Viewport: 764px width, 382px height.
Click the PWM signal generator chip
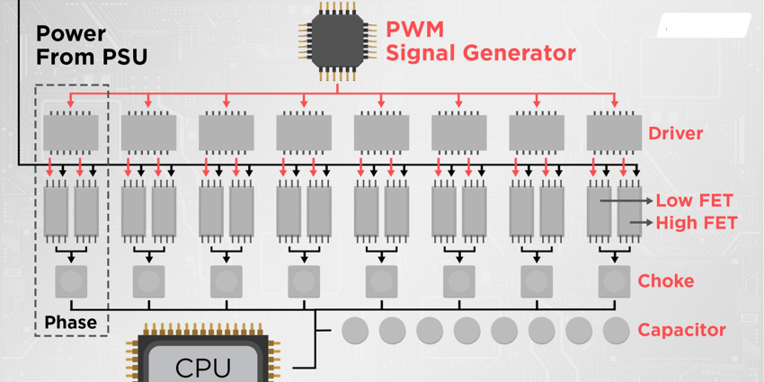[338, 40]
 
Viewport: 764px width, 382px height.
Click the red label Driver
[675, 134]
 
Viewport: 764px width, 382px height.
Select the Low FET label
[694, 201]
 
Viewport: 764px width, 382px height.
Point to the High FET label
[696, 223]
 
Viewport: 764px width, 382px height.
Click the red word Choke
[665, 281]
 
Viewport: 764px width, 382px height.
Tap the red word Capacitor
[681, 331]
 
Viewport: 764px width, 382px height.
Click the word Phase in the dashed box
[70, 322]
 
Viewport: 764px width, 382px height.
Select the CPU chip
[202, 362]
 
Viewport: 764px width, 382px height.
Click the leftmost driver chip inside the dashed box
[71, 133]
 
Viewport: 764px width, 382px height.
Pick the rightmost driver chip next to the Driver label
[614, 133]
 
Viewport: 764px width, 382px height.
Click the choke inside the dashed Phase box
[71, 281]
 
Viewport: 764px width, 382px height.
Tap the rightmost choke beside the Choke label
[614, 281]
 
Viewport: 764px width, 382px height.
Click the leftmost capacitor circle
[355, 331]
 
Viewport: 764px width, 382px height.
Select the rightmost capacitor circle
[616, 331]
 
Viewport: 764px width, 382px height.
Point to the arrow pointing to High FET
[641, 222]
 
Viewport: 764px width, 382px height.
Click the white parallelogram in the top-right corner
[703, 26]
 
